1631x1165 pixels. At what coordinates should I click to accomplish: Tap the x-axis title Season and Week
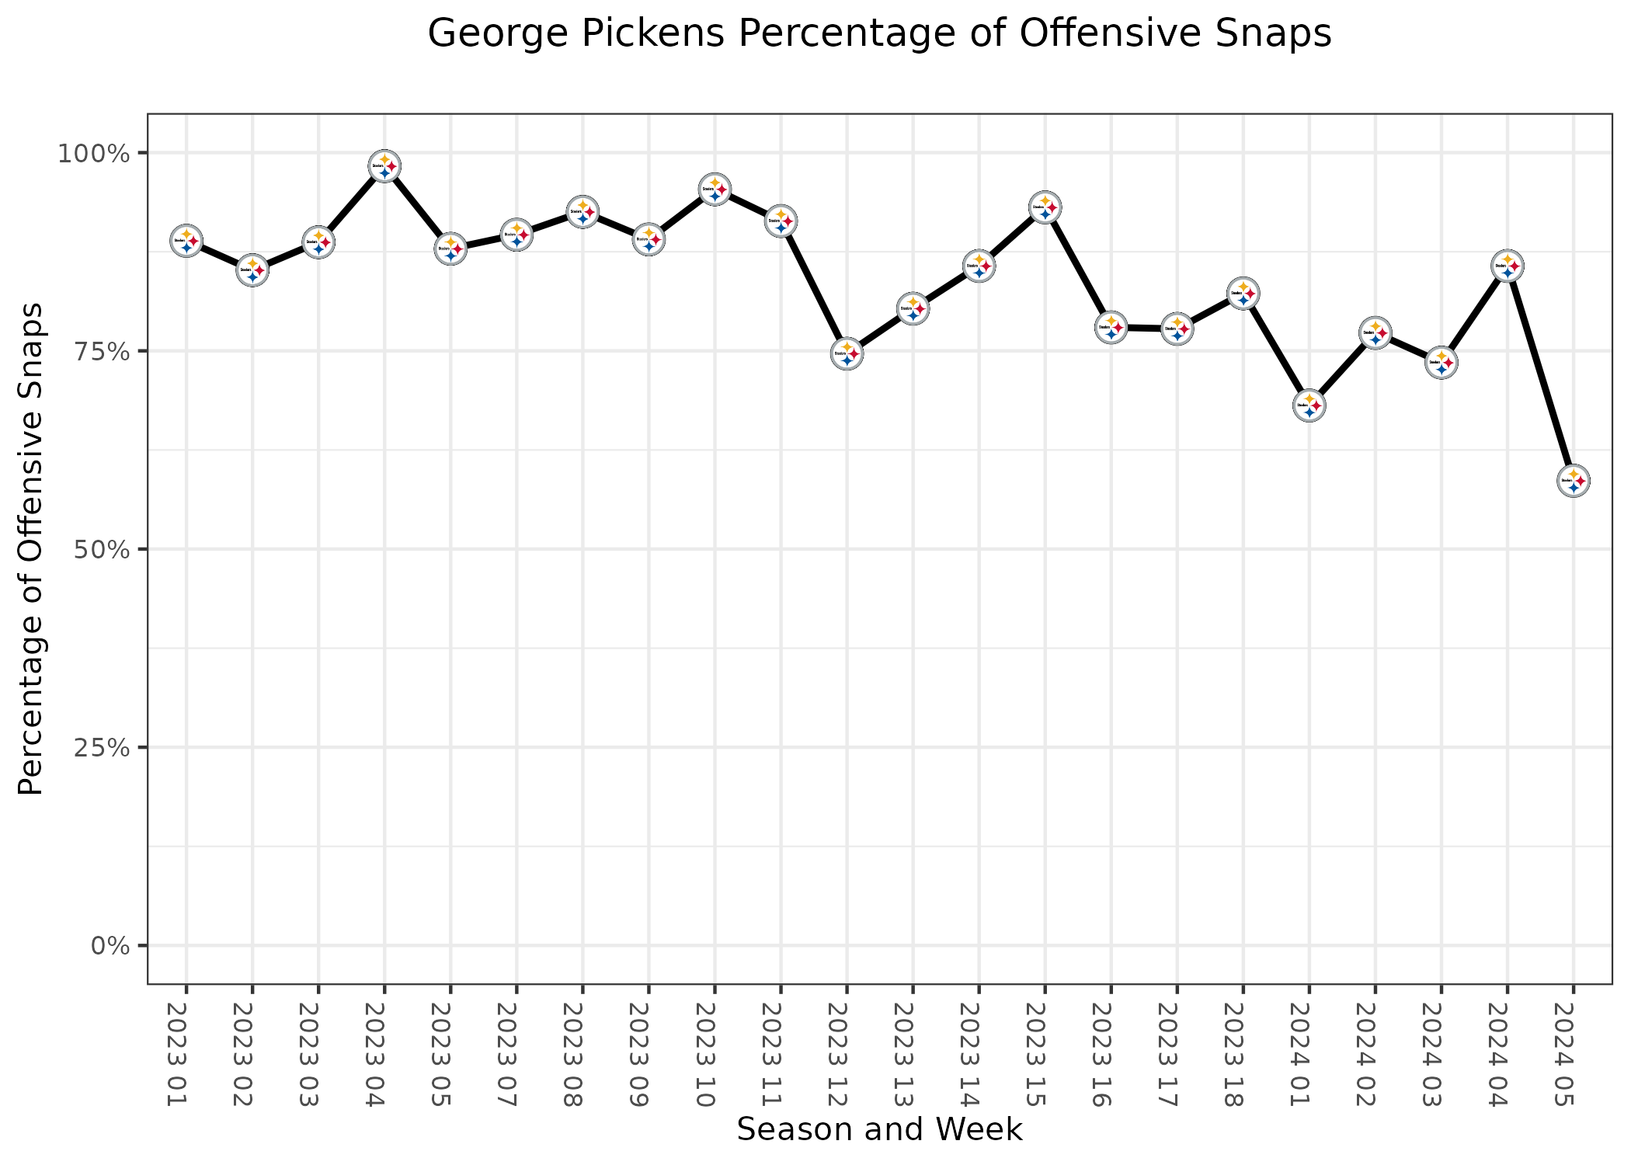pyautogui.click(x=879, y=1129)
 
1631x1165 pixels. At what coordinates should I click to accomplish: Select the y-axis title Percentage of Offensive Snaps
pyautogui.click(x=31, y=548)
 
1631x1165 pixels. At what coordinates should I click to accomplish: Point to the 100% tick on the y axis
pyautogui.click(x=92, y=153)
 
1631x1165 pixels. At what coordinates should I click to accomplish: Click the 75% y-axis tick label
pyautogui.click(x=99, y=351)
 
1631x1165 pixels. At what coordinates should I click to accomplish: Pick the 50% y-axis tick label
pyautogui.click(x=99, y=549)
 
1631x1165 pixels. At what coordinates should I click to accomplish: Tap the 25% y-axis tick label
pyautogui.click(x=99, y=747)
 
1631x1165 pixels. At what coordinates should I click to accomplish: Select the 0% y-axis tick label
pyautogui.click(x=109, y=946)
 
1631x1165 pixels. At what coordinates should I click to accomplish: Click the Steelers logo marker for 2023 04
pyautogui.click(x=384, y=166)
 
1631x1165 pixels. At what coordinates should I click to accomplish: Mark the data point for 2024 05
pyautogui.click(x=1574, y=481)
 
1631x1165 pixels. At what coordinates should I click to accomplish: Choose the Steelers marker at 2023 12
pyautogui.click(x=847, y=354)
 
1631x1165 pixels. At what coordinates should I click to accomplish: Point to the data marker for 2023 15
pyautogui.click(x=1045, y=207)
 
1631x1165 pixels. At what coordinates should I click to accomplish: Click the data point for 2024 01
pyautogui.click(x=1309, y=405)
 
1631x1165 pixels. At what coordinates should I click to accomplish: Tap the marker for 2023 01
pyautogui.click(x=186, y=241)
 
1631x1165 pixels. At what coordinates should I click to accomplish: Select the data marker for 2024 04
pyautogui.click(x=1508, y=266)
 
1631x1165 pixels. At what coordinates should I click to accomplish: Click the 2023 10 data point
pyautogui.click(x=715, y=190)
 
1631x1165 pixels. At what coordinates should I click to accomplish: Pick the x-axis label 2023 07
pyautogui.click(x=516, y=1054)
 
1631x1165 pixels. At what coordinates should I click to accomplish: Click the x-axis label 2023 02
pyautogui.click(x=252, y=1054)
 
